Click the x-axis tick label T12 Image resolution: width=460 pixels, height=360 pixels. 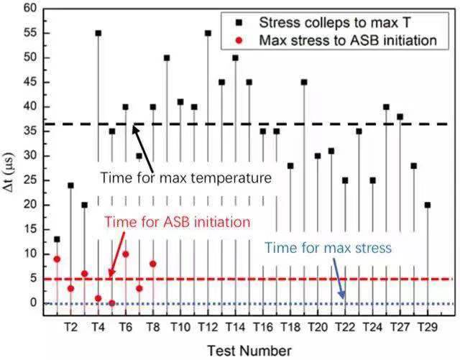tap(208, 326)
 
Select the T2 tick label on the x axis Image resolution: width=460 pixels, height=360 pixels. tap(70, 326)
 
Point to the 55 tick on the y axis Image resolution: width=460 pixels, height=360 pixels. tap(29, 33)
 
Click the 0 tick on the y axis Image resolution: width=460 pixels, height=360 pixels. tap(32, 303)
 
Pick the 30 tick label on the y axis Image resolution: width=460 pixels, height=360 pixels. tap(29, 156)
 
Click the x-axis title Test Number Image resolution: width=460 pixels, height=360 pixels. tap(249, 350)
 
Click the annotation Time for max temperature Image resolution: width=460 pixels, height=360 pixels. tap(186, 177)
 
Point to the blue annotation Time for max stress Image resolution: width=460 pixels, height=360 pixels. tap(328, 249)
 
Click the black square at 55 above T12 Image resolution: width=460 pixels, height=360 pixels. tap(208, 33)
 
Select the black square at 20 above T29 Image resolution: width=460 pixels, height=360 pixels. tap(427, 205)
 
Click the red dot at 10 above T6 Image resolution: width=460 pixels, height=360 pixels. tap(126, 254)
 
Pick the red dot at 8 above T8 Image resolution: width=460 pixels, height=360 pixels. tap(153, 264)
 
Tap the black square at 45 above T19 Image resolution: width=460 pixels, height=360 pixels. tap(304, 82)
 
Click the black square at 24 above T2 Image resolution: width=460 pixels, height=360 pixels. tap(70, 185)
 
